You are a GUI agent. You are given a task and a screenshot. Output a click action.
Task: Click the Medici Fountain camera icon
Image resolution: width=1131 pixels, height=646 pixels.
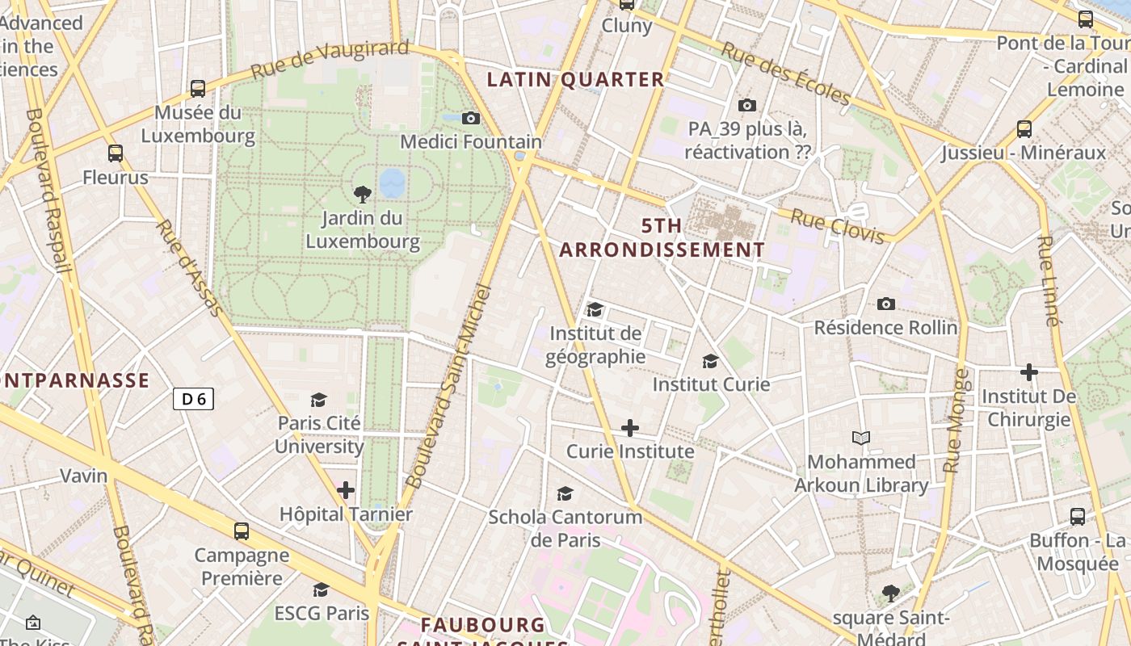click(x=471, y=119)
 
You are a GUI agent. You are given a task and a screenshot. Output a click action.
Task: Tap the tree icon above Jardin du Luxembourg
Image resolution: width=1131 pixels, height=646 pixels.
click(x=363, y=194)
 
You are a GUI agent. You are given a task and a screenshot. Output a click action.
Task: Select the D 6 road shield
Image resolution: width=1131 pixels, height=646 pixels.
click(x=193, y=398)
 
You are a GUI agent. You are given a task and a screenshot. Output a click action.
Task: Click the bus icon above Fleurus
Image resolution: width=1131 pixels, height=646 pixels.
click(x=116, y=153)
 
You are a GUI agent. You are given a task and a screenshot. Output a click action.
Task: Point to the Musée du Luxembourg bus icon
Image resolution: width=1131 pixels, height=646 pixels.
click(x=198, y=89)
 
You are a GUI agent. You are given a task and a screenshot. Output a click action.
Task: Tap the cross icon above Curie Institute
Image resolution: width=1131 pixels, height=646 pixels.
click(x=630, y=428)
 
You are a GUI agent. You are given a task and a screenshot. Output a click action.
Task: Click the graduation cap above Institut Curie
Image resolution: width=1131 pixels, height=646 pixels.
click(x=711, y=361)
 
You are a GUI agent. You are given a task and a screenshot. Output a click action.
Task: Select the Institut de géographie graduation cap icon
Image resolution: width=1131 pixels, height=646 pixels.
click(x=595, y=310)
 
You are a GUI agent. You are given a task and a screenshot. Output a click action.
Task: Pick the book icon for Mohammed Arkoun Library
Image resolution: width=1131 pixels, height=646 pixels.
click(x=861, y=438)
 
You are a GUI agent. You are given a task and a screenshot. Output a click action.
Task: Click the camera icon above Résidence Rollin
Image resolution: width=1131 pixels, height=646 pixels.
click(x=886, y=304)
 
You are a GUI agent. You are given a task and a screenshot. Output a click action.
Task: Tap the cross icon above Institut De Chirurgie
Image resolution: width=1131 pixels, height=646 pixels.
click(x=1028, y=372)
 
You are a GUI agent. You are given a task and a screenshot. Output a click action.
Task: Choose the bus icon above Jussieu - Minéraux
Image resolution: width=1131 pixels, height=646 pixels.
click(x=1024, y=129)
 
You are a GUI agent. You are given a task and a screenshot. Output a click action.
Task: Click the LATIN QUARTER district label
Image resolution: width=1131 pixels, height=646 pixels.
click(x=576, y=80)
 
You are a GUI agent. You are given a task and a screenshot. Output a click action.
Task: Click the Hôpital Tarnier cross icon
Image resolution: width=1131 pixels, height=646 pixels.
click(x=346, y=490)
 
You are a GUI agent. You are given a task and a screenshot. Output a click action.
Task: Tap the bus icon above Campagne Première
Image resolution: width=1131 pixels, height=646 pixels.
click(x=242, y=531)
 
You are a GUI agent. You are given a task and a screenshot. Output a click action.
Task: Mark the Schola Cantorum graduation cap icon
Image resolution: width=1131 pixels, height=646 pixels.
click(x=565, y=493)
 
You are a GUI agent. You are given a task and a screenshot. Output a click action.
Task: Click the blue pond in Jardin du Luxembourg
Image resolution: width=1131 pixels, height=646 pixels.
click(x=393, y=182)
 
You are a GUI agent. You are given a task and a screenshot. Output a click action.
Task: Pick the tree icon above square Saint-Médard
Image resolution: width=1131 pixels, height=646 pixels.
click(x=891, y=594)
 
